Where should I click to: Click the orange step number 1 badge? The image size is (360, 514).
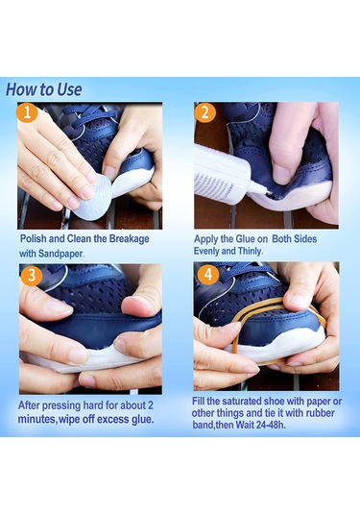[27, 112]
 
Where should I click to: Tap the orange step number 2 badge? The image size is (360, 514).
[205, 112]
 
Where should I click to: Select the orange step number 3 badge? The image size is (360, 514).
[32, 275]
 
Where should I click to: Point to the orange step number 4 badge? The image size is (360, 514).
[208, 274]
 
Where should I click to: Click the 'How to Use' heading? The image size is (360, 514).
[43, 89]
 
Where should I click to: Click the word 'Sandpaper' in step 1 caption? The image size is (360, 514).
[60, 254]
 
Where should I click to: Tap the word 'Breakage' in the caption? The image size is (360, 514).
[129, 238]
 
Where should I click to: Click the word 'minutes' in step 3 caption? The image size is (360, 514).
[37, 419]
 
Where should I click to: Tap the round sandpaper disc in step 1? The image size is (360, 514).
[92, 198]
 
